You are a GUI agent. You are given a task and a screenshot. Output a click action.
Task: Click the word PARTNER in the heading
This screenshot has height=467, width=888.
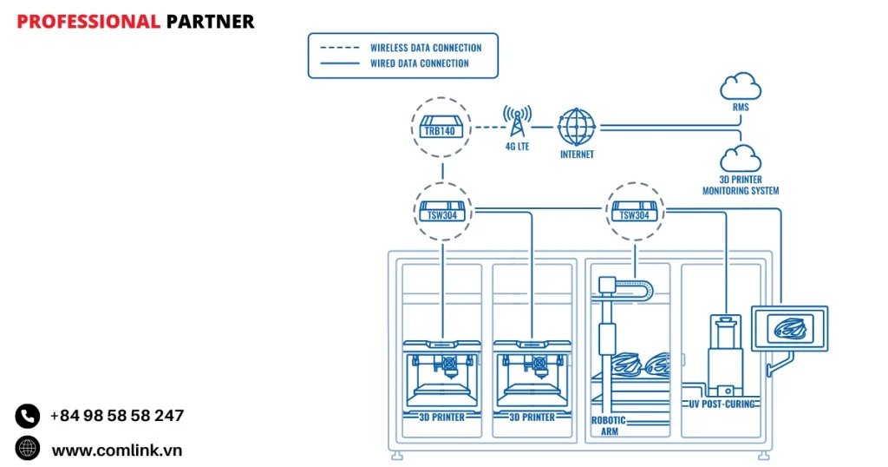tap(210, 22)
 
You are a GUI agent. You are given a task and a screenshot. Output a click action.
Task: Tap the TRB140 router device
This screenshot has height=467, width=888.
tap(442, 127)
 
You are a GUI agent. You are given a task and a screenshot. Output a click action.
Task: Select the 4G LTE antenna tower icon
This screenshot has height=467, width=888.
tap(517, 122)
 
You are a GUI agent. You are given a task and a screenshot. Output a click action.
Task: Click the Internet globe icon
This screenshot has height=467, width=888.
tap(577, 127)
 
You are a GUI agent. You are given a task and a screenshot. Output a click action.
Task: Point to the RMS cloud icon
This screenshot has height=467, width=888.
tap(741, 87)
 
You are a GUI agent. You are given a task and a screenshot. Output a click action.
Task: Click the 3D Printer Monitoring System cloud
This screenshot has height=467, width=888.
tap(741, 159)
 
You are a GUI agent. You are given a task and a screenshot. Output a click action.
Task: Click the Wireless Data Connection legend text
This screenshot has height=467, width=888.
tap(426, 48)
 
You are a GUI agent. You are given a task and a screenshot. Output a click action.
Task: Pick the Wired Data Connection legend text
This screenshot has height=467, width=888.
tap(420, 63)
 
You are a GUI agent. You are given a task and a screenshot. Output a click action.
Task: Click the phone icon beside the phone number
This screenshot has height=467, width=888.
tap(28, 416)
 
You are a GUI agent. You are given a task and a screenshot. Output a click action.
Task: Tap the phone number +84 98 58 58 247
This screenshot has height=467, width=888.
tap(117, 416)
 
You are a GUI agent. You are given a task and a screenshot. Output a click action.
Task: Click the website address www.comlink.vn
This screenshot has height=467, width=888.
tap(117, 450)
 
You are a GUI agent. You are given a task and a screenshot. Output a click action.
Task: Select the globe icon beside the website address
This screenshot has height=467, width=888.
tap(28, 449)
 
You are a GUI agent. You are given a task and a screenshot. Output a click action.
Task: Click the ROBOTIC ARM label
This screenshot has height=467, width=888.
tap(609, 426)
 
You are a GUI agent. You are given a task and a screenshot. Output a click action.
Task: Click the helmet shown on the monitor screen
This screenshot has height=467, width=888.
tap(790, 328)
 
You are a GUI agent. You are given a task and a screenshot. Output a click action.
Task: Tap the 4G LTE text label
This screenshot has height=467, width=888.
tap(517, 147)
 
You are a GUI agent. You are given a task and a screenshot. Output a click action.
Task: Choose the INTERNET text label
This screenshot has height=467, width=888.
tap(577, 155)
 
